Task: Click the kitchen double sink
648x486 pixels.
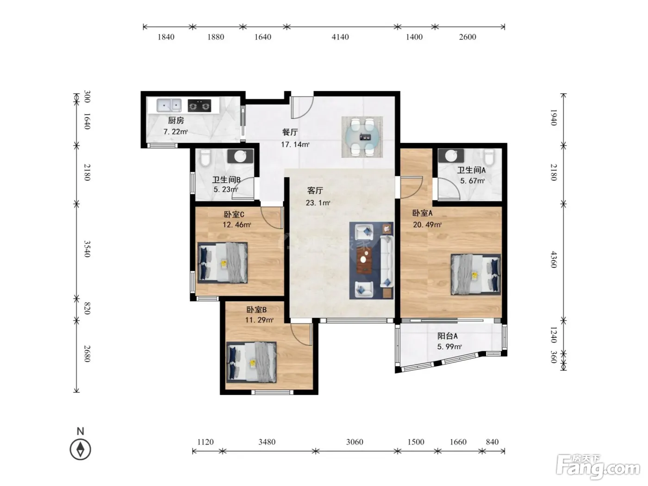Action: coord(169,106)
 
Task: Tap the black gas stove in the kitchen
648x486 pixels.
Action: coord(199,106)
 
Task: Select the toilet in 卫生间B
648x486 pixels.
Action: coord(205,157)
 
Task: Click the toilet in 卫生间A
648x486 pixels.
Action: coord(489,157)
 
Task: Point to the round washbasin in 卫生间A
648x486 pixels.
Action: coord(451,156)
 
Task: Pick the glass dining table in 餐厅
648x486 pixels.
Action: coord(362,137)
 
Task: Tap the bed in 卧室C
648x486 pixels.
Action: coord(222,263)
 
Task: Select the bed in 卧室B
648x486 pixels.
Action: coord(251,362)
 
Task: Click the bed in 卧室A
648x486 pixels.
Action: coord(476,274)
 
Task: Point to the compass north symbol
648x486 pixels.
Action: coord(80,445)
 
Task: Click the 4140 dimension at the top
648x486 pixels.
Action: coord(340,37)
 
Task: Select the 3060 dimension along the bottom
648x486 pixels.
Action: coord(355,442)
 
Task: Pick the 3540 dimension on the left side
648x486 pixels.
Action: coord(87,249)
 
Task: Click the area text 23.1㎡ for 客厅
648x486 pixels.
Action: coord(318,203)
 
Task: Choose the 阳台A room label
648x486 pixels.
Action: coord(448,336)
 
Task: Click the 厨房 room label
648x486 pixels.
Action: coord(176,120)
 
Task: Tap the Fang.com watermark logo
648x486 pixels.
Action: coord(598,467)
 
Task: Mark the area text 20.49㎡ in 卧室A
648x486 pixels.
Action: coord(427,225)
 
